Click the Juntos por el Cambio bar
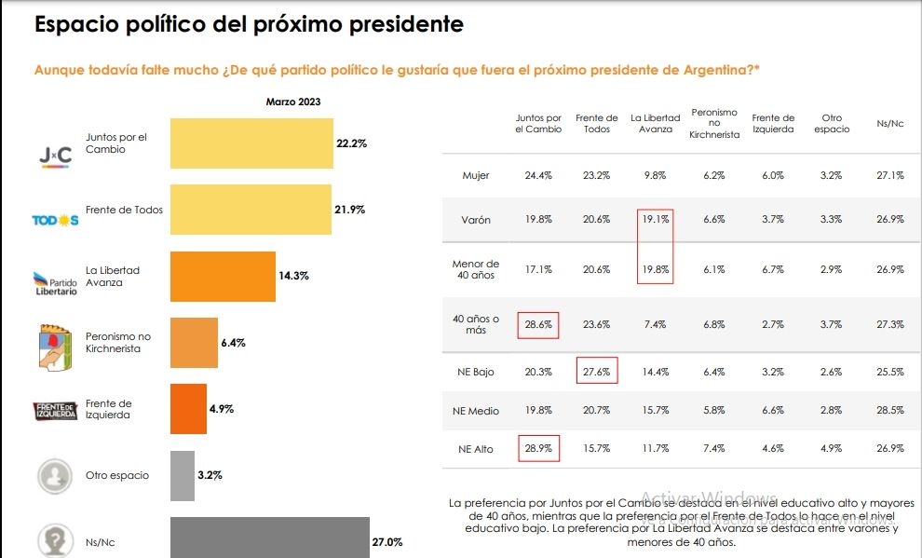pos(251,143)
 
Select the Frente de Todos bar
pos(251,210)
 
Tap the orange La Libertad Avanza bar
pos(223,277)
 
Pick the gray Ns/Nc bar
pos(270,538)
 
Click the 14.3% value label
pos(293,277)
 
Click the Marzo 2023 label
pos(293,102)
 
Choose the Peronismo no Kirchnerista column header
pos(714,123)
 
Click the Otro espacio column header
pos(832,123)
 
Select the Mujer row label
pos(476,175)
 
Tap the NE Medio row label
pos(476,410)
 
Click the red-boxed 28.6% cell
pos(538,324)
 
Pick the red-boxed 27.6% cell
pos(597,371)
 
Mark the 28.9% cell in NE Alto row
pos(538,449)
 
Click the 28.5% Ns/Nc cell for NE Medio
pos(890,410)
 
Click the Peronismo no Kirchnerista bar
pos(194,343)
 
